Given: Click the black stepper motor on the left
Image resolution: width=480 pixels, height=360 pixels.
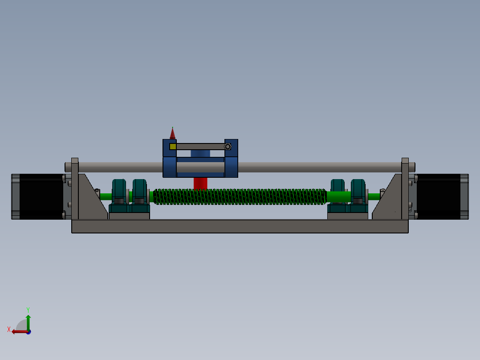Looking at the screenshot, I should click(41, 196).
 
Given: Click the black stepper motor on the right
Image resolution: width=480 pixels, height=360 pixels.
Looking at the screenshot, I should click(438, 196).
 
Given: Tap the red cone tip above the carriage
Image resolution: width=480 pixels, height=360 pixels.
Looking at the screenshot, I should click(172, 133).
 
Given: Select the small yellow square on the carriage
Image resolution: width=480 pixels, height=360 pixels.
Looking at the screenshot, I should click(173, 147).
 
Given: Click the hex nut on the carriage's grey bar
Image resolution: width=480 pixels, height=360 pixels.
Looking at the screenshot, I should click(228, 147).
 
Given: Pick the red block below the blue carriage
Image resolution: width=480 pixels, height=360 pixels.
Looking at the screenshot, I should click(200, 183).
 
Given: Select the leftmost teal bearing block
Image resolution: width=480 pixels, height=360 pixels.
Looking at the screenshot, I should click(119, 192).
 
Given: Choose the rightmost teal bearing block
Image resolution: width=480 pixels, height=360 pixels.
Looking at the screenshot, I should click(359, 192).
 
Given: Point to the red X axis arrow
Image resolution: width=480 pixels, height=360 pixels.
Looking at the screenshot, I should click(18, 331).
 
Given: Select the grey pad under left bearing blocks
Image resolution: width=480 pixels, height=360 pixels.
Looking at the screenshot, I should click(129, 216).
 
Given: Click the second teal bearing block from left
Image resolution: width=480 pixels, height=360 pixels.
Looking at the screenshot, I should click(139, 192).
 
